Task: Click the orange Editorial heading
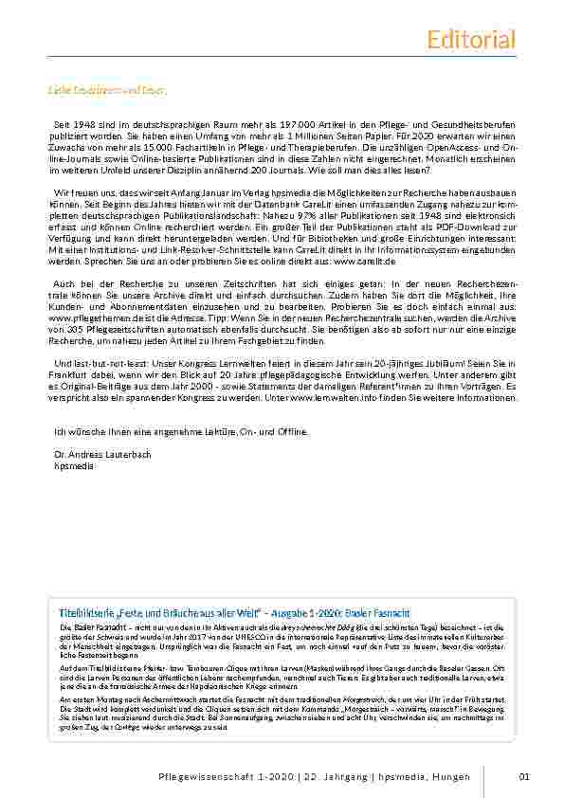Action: [471, 40]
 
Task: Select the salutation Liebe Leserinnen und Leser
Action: [107, 91]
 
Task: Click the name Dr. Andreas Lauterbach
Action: [102, 455]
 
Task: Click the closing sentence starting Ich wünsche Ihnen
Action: [181, 431]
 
